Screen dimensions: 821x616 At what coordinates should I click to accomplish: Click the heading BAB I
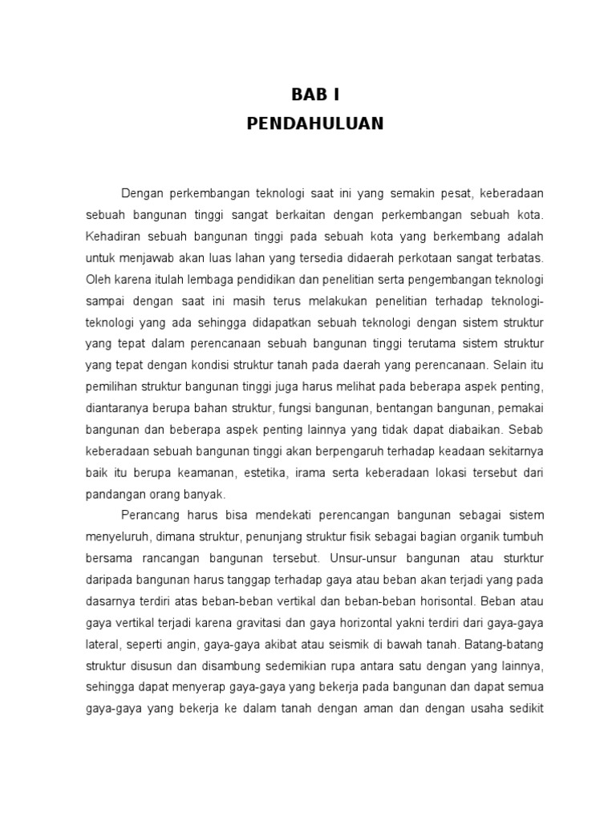[315, 95]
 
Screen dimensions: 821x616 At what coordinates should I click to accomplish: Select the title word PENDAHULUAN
[315, 123]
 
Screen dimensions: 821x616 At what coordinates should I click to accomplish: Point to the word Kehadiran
[111, 237]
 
